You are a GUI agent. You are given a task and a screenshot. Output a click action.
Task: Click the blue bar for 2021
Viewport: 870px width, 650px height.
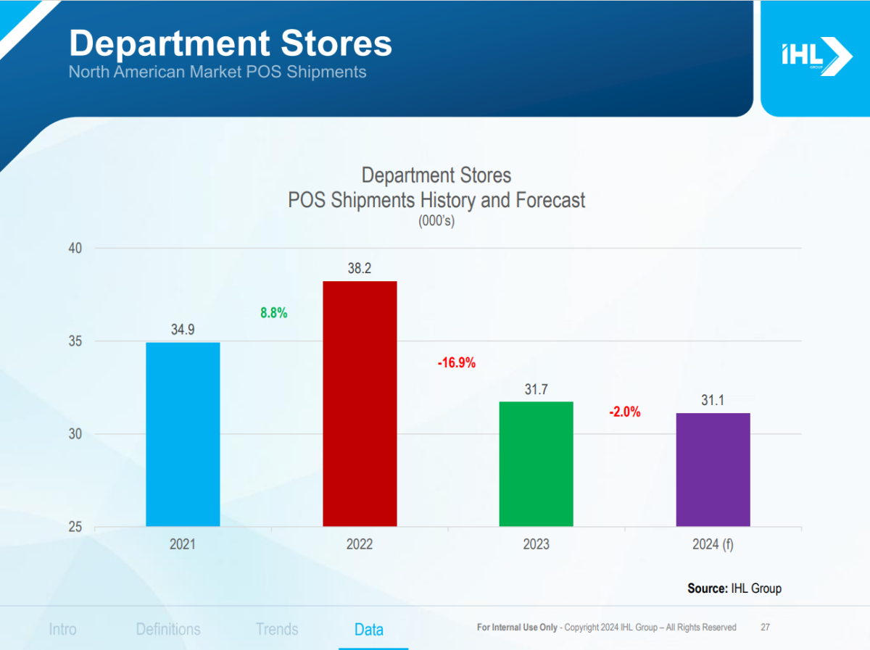183,434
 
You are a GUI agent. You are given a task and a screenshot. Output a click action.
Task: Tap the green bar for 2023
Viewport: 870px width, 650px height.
536,464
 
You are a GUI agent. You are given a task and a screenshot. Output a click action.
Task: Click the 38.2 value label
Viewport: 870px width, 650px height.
360,269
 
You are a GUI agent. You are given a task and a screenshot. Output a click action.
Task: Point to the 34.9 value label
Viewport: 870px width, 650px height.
183,330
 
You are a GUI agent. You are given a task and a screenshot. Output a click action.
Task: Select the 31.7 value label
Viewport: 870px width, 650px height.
536,390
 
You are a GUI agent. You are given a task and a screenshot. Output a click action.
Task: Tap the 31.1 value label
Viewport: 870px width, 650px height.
713,401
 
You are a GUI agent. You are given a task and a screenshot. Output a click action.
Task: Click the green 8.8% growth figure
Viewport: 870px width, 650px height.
274,313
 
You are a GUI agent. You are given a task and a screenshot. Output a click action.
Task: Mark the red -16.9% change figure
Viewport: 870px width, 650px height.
456,363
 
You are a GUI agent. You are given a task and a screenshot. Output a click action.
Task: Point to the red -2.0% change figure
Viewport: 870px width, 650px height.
624,412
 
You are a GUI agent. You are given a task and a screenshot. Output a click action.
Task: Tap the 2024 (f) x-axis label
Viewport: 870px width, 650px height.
713,545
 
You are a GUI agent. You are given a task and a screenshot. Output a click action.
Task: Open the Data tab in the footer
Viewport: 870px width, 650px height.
369,629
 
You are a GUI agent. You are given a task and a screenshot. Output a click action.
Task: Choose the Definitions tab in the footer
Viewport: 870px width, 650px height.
168,629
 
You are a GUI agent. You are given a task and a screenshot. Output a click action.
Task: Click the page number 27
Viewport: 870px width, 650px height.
766,627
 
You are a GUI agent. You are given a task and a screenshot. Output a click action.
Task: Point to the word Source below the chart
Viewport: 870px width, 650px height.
707,588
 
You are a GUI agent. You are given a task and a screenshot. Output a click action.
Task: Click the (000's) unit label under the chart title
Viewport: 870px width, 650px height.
436,222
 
